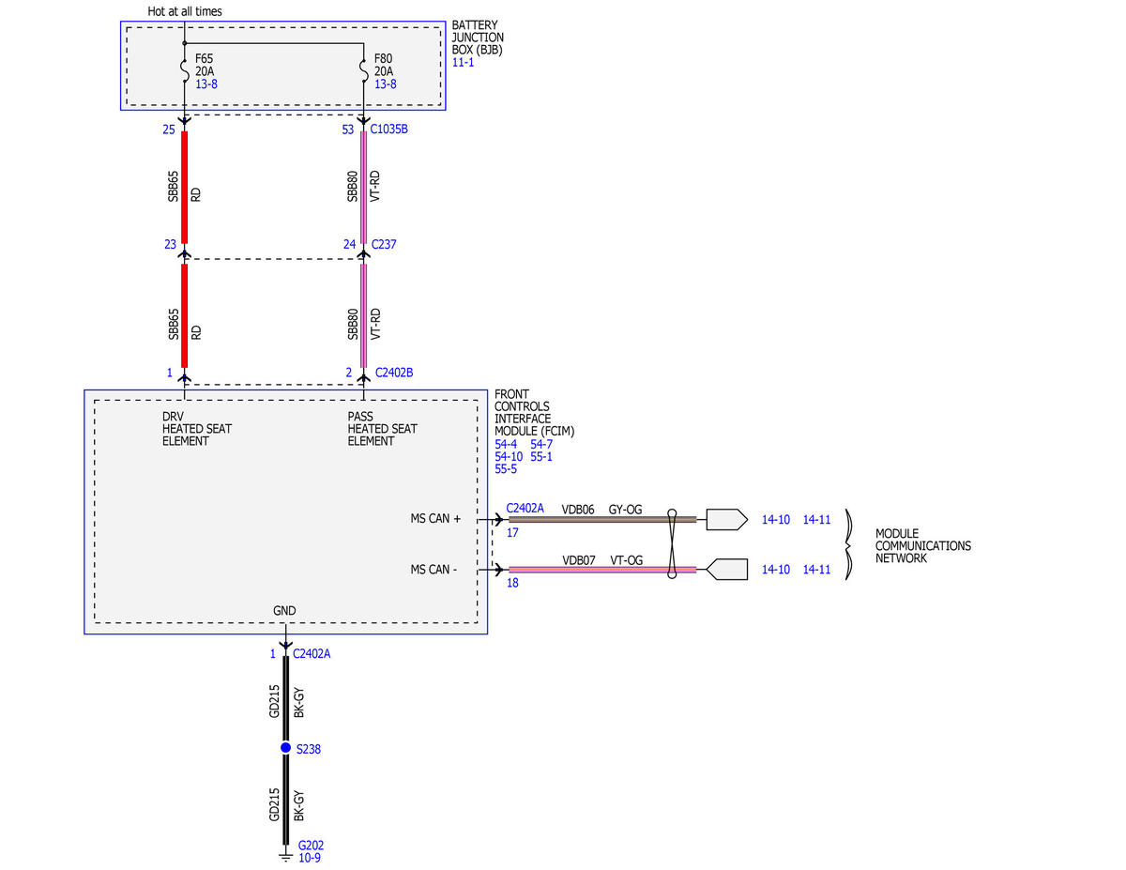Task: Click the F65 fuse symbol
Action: [185, 71]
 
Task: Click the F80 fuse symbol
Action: [364, 71]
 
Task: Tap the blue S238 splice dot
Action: [285, 748]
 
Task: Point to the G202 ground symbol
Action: [285, 856]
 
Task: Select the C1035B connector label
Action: [388, 129]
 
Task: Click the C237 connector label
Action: [384, 244]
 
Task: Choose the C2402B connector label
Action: [394, 373]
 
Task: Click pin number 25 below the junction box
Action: [169, 130]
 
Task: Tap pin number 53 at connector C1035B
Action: [348, 130]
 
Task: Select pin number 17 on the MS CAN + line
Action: [512, 533]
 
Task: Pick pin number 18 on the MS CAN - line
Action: [512, 583]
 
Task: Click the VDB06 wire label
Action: [578, 510]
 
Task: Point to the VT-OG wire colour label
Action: [626, 560]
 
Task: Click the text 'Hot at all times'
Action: [185, 11]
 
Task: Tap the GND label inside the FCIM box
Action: [284, 611]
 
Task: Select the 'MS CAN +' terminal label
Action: [435, 519]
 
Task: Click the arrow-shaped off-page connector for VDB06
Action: [727, 519]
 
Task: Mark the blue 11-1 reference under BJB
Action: [463, 63]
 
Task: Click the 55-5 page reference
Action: [506, 469]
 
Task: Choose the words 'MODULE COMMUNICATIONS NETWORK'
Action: [923, 545]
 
